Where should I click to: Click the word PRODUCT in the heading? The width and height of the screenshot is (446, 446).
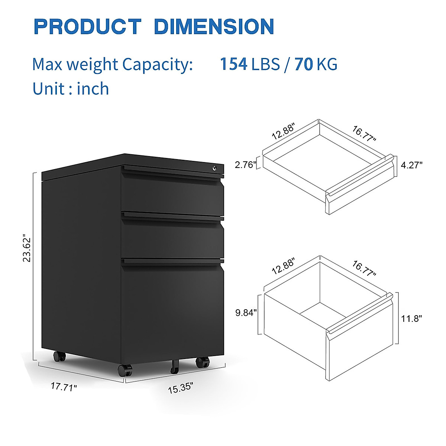pos(87,27)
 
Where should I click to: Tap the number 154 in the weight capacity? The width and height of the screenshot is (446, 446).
pos(233,64)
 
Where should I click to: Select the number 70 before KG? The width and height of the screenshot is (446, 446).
pos(304,64)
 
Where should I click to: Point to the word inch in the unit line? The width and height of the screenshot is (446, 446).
pos(93,89)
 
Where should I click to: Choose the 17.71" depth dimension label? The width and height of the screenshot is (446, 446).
pos(64,387)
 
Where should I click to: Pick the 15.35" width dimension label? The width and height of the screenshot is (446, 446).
pos(181,388)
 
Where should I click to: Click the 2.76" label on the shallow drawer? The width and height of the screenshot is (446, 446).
pos(246,165)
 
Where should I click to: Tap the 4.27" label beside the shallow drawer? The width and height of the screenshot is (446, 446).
pos(411,165)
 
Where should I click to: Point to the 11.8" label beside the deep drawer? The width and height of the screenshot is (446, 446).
pos(411,318)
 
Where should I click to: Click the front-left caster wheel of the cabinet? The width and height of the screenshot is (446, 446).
pos(125,370)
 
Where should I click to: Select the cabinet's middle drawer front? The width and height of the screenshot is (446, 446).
pos(172,238)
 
